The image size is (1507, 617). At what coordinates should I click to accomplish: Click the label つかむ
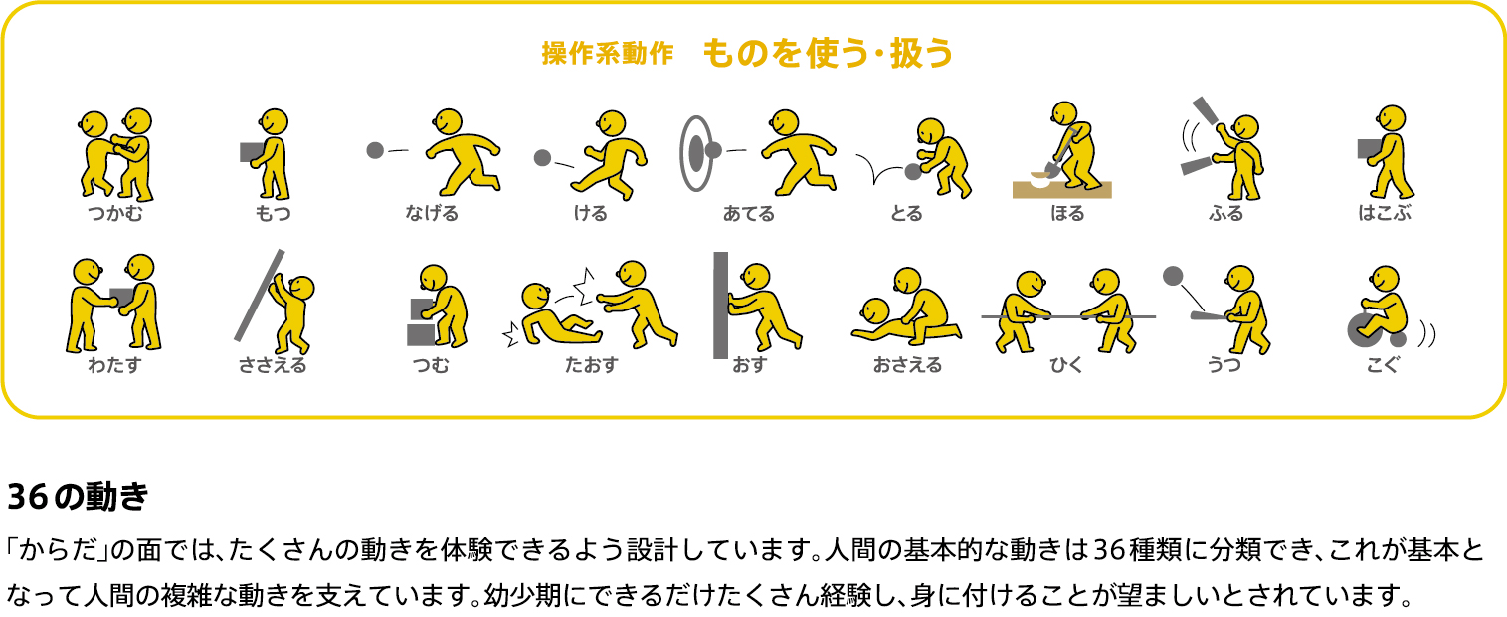(x=115, y=213)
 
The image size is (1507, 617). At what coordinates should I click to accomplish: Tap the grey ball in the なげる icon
(x=375, y=150)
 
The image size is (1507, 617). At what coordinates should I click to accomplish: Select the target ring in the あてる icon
(x=695, y=153)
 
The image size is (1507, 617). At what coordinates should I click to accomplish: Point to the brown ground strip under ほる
(x=1061, y=190)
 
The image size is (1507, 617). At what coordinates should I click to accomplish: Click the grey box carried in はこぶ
(x=1369, y=148)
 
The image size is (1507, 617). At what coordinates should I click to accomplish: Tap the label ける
(x=590, y=213)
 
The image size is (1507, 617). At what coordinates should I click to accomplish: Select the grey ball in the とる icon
(x=913, y=172)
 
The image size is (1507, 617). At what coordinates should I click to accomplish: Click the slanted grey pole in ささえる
(x=259, y=296)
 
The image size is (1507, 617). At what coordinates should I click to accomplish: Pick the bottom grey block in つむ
(x=421, y=335)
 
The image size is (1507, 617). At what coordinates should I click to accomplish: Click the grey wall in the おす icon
(x=720, y=305)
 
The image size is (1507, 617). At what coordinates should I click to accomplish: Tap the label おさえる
(x=907, y=365)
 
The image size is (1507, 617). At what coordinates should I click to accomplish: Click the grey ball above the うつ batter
(x=1173, y=276)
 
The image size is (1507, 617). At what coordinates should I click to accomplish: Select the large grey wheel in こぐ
(x=1361, y=331)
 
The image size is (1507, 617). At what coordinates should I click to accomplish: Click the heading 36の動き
(x=78, y=497)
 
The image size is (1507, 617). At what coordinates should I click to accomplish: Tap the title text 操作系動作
(x=608, y=53)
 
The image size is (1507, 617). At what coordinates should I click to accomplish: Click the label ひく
(x=1066, y=365)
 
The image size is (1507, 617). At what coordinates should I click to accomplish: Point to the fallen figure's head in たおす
(x=536, y=297)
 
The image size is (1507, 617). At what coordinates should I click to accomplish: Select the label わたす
(x=114, y=365)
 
